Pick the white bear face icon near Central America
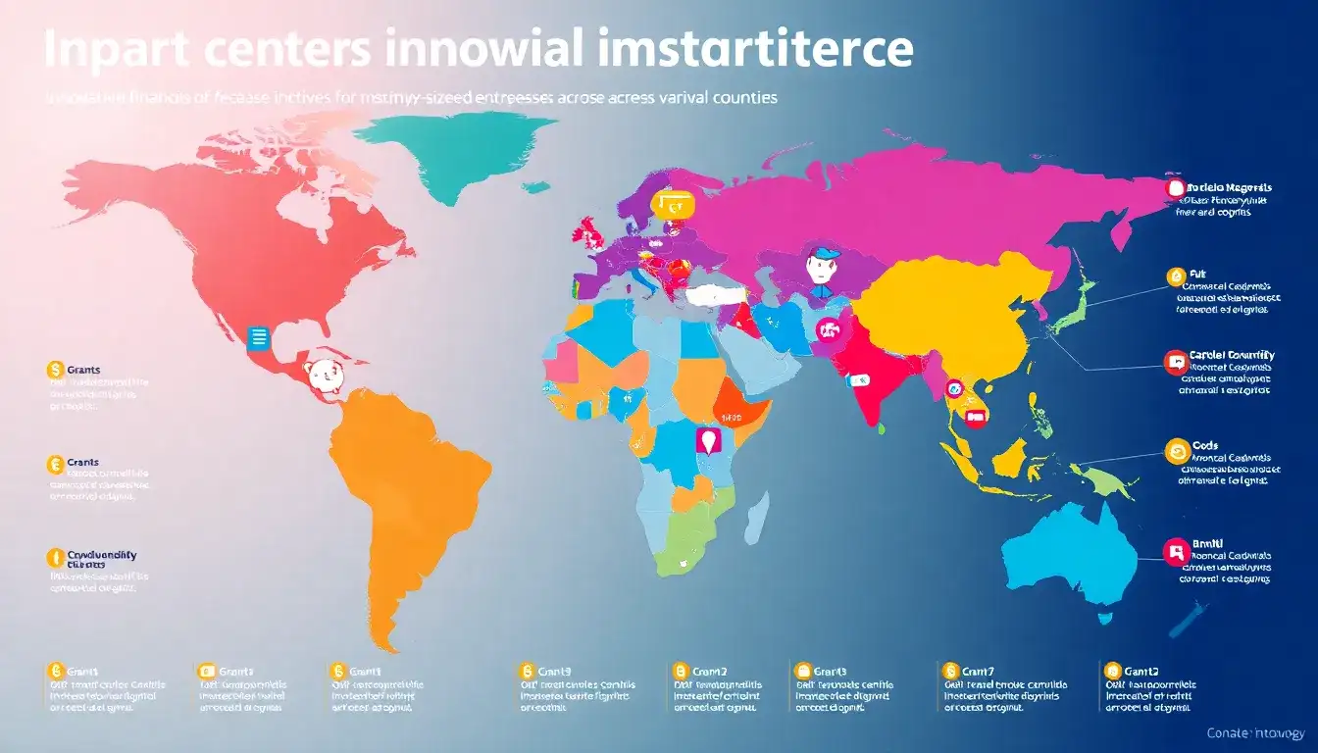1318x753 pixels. [321, 375]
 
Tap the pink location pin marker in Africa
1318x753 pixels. [706, 440]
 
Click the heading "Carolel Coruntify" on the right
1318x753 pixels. [1232, 355]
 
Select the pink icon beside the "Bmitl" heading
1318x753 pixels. [1174, 551]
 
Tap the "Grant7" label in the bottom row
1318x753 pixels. [978, 671]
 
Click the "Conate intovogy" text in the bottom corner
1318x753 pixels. [1255, 733]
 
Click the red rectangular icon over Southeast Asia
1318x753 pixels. [975, 416]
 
